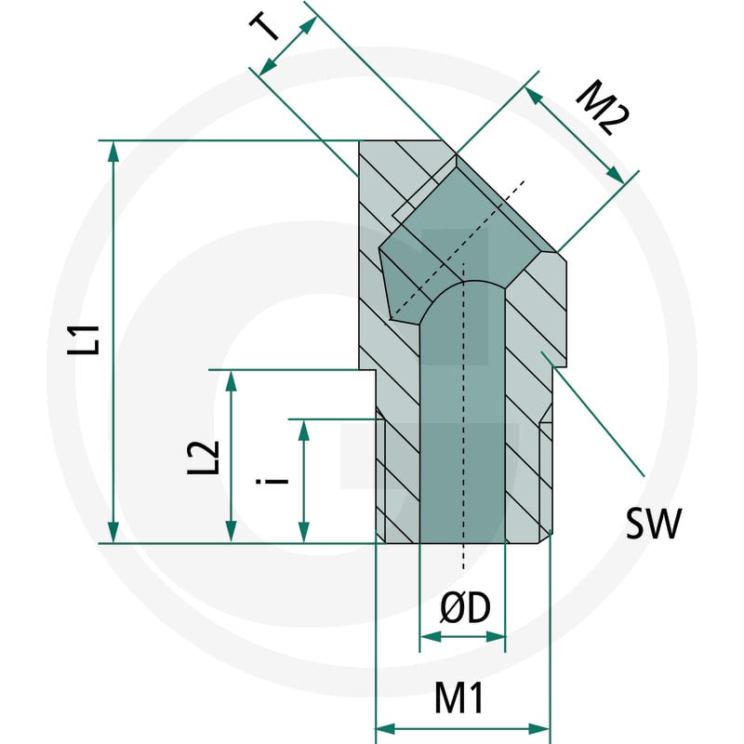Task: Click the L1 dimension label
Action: coord(84,340)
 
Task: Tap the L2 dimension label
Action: coord(203,458)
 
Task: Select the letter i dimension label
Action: coord(272,481)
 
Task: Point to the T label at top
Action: coord(265,27)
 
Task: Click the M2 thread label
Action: coord(602,108)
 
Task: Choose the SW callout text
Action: coord(654,524)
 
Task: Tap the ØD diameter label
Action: coord(465,608)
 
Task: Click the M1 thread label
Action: coord(458,698)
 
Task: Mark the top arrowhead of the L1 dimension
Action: coord(113,152)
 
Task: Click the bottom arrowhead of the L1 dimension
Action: coord(113,532)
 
